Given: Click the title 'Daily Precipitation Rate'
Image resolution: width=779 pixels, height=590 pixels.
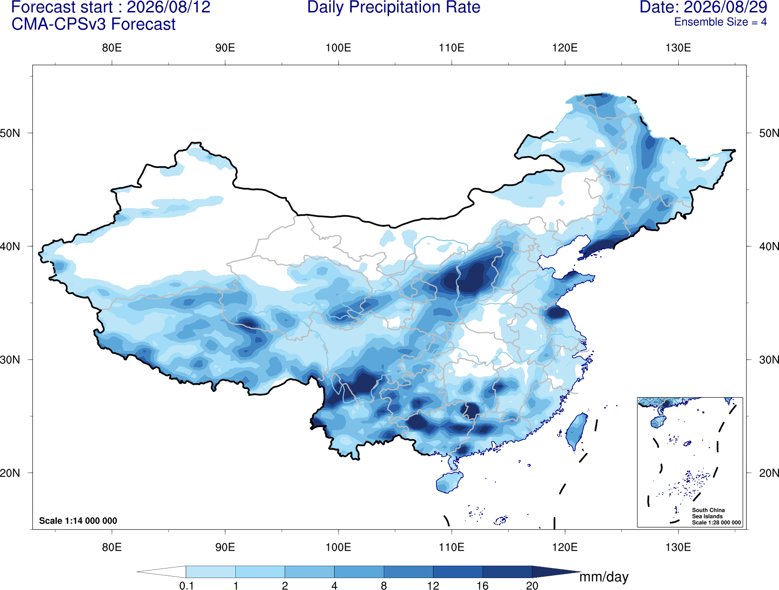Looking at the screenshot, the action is point(394,7).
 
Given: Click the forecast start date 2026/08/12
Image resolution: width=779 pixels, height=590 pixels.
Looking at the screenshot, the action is point(168,7).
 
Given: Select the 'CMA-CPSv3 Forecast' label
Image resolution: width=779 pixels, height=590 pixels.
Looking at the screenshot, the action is point(94,24).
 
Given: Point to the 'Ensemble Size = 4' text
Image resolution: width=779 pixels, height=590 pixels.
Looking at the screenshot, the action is point(720,22).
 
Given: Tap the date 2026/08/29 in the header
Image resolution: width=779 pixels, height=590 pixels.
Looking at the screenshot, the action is point(726,7).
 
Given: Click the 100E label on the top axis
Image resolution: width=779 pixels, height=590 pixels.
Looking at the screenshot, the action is point(338,48).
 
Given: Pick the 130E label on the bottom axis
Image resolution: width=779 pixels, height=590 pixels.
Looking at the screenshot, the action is point(678,547).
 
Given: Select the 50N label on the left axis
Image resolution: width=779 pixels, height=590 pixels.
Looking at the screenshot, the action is point(10,133).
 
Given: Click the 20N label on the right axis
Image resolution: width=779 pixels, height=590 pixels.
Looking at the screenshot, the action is point(768,473).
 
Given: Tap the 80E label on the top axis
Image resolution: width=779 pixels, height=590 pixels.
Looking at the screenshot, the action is point(112,48).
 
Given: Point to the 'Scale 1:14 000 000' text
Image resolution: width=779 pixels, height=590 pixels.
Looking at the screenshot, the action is point(78,520).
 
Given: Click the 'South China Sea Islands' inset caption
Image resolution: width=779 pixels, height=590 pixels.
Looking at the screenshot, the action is point(708,513).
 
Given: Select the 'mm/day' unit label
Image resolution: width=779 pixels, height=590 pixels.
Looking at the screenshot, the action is point(604,577).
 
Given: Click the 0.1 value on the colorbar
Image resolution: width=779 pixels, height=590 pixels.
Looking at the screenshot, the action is point(186,586).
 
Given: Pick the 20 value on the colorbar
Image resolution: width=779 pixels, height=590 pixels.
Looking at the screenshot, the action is point(532,586).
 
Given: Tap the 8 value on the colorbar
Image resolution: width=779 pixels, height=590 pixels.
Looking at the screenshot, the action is point(384,586).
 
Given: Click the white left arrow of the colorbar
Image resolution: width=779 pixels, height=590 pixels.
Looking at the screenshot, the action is point(161,571).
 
